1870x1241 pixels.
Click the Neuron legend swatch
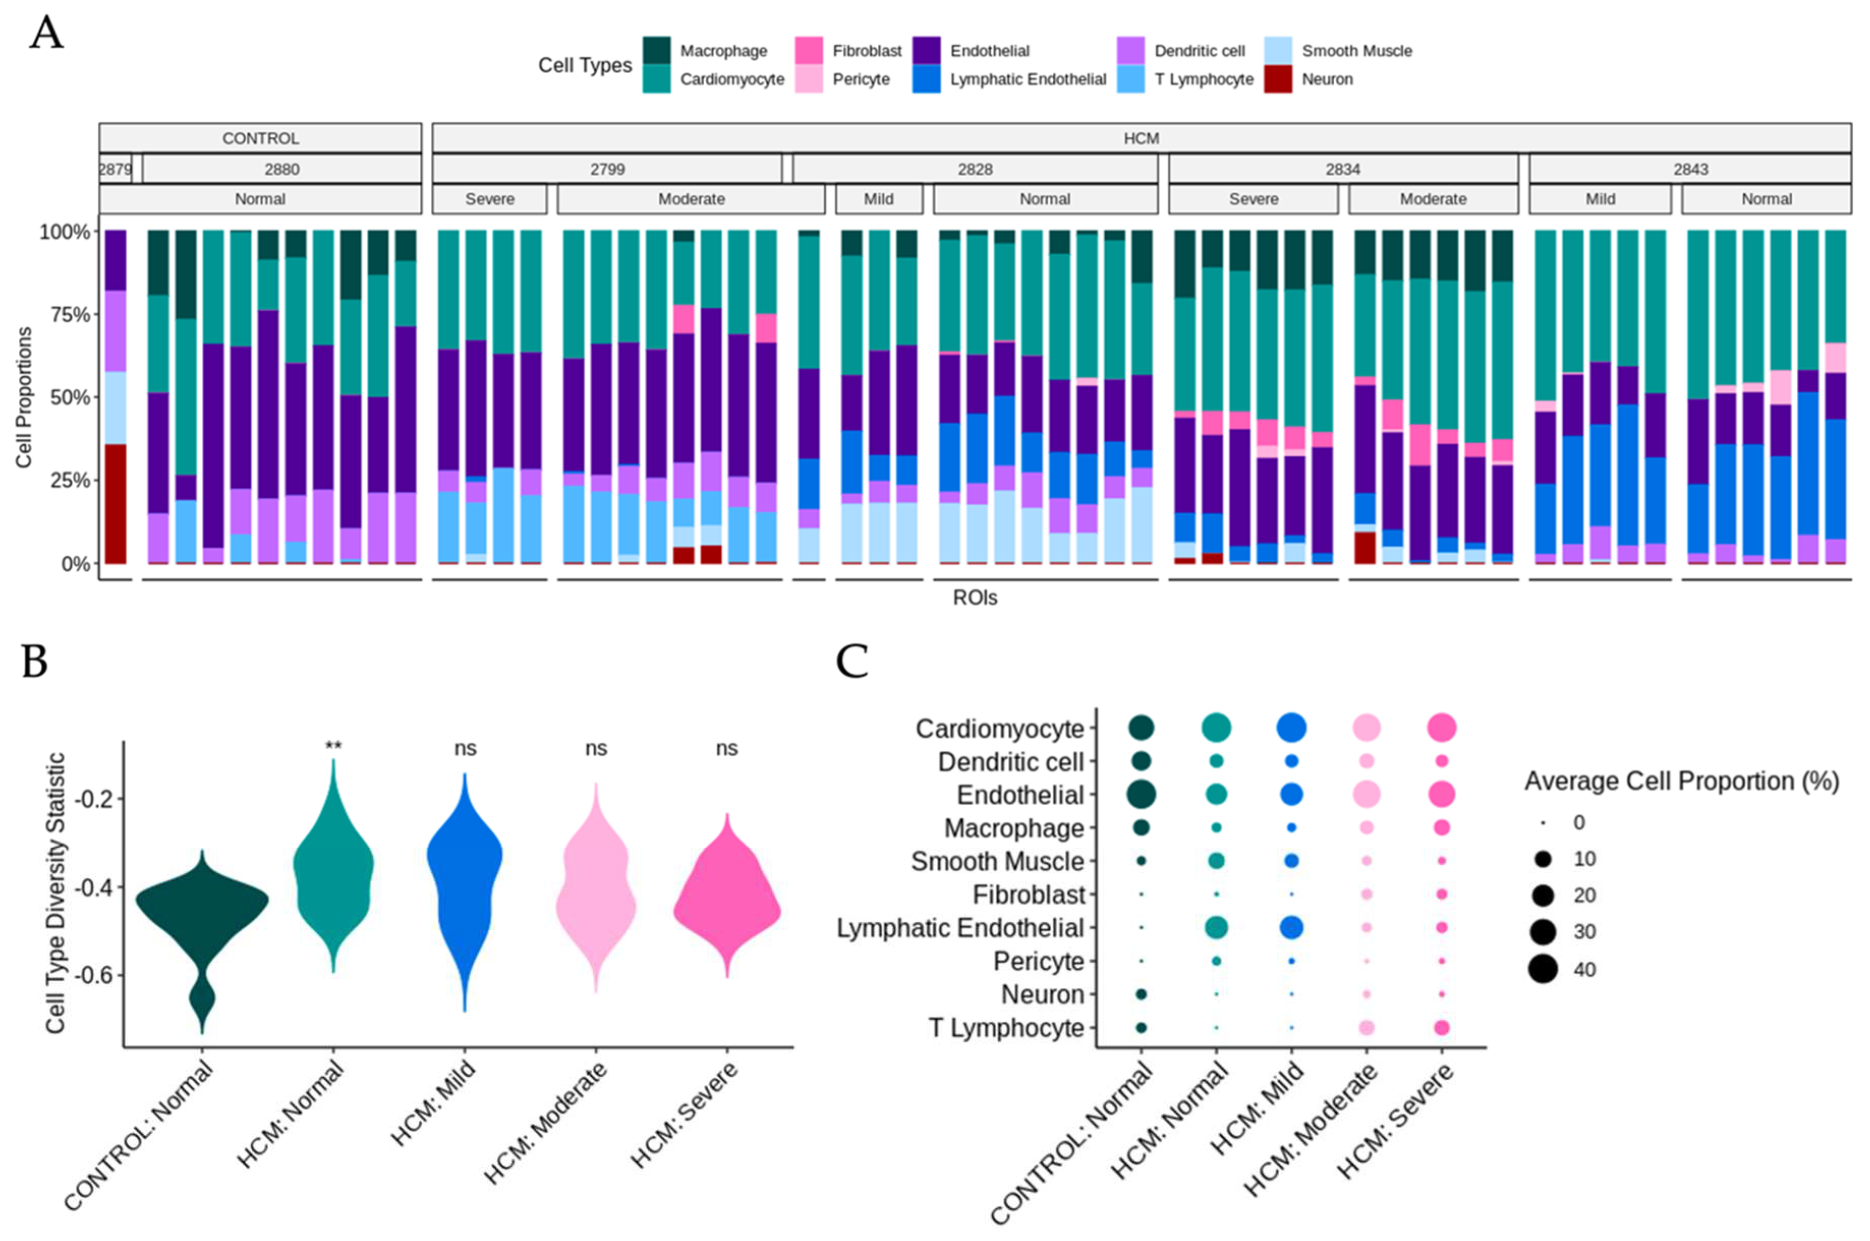point(1277,79)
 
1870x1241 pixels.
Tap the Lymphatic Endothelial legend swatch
point(926,79)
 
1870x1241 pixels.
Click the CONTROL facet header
point(260,138)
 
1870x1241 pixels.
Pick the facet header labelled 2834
point(1343,169)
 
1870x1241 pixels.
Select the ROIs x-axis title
point(974,598)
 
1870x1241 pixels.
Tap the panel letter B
point(35,662)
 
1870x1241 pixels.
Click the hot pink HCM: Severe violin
point(727,910)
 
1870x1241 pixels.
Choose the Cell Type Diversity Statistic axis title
point(55,893)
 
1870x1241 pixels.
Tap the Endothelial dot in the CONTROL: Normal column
point(1141,794)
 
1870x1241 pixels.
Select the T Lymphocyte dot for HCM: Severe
point(1441,1027)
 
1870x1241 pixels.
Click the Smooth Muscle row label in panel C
point(997,861)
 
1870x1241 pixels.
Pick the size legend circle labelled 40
point(1543,969)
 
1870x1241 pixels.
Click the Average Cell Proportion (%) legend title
point(1681,781)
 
